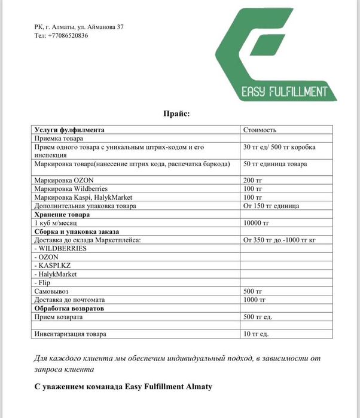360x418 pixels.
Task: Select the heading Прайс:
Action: [176, 113]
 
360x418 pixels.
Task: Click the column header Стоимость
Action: [260, 130]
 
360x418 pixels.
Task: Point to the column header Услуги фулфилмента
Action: [69, 130]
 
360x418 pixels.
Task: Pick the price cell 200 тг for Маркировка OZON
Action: [253, 180]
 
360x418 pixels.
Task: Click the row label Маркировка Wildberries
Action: [71, 188]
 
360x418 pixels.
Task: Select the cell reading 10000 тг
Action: [257, 222]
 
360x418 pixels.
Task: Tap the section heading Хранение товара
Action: [62, 214]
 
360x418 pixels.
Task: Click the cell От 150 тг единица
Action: [271, 206]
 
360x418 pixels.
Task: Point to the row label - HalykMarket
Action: [56, 273]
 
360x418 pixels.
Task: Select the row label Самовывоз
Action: [52, 291]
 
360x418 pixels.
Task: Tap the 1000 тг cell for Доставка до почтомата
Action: [255, 299]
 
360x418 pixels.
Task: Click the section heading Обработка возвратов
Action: [69, 307]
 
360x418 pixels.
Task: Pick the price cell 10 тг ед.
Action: [256, 334]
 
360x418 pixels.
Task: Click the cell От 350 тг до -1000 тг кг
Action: [279, 240]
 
